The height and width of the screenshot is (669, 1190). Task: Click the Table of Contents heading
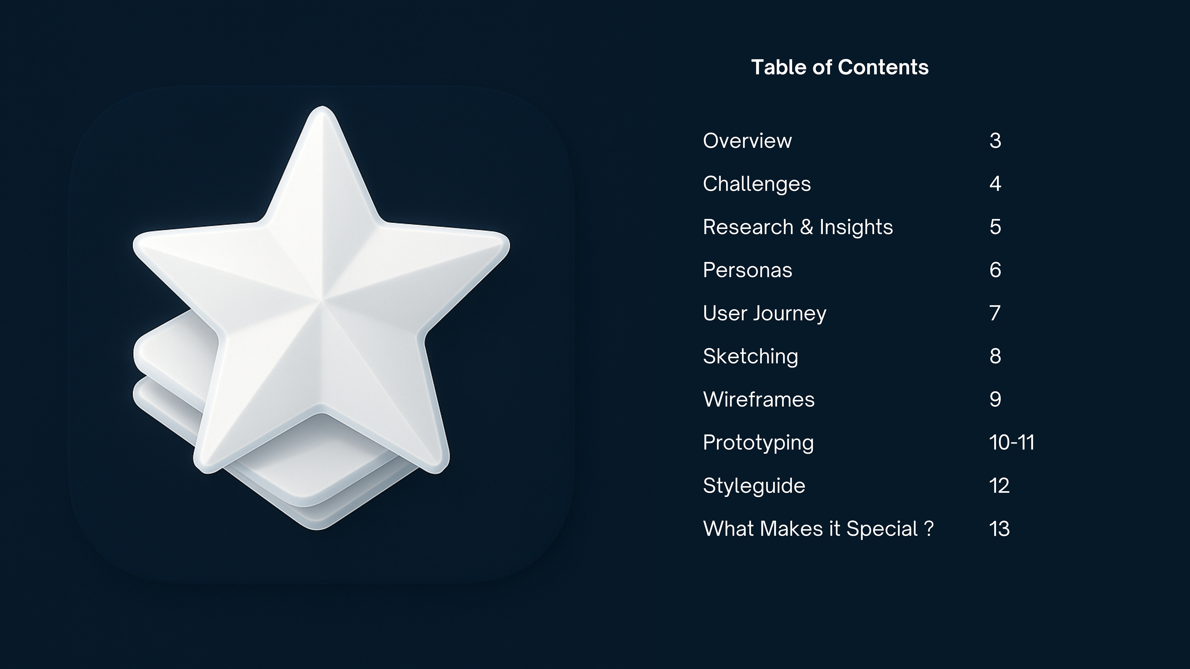pyautogui.click(x=840, y=68)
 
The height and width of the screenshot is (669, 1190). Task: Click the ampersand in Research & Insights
pyautogui.click(x=807, y=227)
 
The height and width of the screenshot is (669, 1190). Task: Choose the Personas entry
pyautogui.click(x=747, y=270)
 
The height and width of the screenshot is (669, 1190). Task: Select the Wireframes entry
pyautogui.click(x=759, y=399)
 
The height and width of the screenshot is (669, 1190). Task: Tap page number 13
pyautogui.click(x=999, y=529)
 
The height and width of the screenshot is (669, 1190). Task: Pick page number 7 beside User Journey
pyautogui.click(x=995, y=313)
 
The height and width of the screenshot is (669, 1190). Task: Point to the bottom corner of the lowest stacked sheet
pyautogui.click(x=317, y=529)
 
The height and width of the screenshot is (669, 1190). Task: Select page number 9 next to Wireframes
pyautogui.click(x=995, y=399)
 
